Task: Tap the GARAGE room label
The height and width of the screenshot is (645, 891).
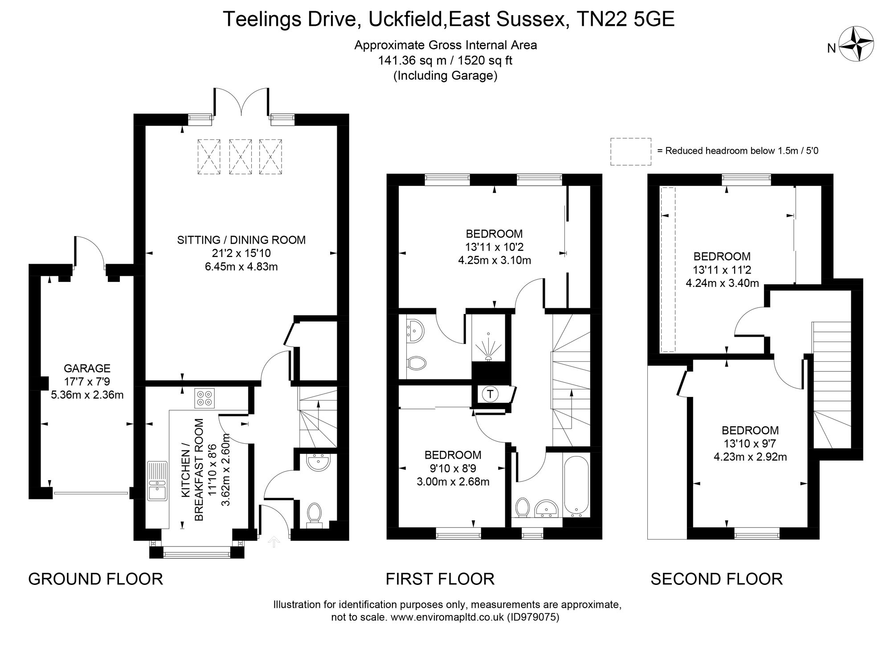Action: (87, 368)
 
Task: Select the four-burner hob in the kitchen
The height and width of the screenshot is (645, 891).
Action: (204, 398)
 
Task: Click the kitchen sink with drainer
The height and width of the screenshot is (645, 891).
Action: (157, 481)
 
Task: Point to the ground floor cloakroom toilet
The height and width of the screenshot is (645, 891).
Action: (315, 514)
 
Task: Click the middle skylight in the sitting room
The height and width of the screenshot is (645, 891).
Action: (240, 156)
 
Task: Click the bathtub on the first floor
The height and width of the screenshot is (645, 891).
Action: (576, 486)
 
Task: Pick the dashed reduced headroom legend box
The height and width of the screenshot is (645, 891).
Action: (630, 151)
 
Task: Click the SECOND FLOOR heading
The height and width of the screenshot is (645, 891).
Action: (716, 579)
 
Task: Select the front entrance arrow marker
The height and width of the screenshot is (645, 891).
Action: (274, 542)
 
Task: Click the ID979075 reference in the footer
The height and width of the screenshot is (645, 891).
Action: (533, 617)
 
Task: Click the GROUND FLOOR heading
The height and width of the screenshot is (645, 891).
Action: (95, 579)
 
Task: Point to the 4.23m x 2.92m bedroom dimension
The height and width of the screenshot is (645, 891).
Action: (750, 457)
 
